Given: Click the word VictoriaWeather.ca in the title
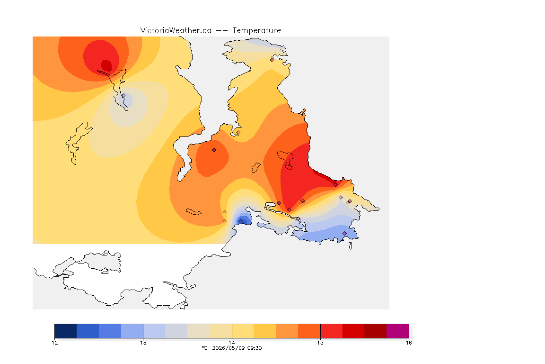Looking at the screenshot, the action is (176, 31).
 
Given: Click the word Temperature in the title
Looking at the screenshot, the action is (256, 31).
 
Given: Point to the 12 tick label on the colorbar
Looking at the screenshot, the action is (54, 343).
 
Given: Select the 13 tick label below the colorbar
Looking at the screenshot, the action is (143, 343).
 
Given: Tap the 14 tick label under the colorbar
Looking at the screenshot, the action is (232, 343).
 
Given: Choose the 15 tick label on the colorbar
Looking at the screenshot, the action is (320, 343).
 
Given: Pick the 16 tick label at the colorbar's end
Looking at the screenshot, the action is (409, 343).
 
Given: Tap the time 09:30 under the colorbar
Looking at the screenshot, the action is (255, 348).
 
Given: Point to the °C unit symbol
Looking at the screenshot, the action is (204, 348).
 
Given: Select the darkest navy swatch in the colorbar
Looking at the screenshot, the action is (66, 331).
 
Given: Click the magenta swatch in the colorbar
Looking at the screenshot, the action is (397, 331).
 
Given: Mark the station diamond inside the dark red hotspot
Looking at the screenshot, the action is (109, 69).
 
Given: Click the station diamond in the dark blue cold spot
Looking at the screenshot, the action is (240, 221).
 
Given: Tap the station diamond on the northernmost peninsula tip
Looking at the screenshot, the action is (272, 60).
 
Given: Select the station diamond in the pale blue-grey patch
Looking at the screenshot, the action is (123, 95).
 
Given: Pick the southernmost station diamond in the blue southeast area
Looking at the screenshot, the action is (345, 233).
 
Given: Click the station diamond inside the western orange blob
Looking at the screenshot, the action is (214, 150).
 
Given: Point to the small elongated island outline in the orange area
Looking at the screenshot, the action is (193, 212).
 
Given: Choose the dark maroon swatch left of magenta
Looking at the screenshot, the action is (375, 331).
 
